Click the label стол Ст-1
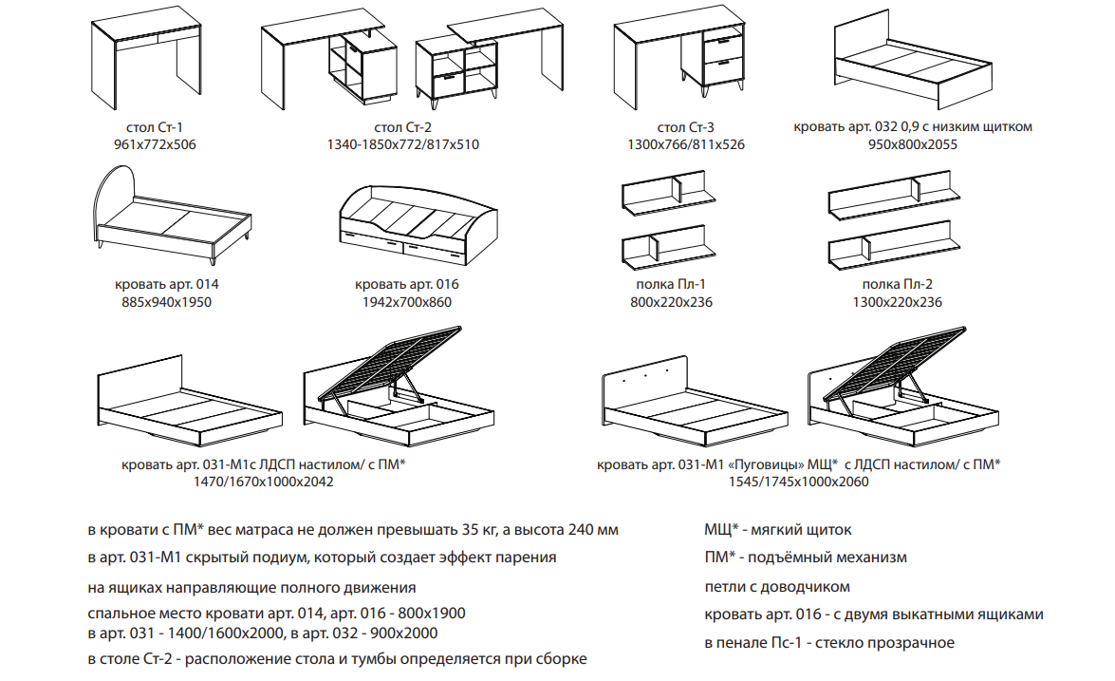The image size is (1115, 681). [155, 127]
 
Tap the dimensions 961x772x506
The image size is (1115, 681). [155, 144]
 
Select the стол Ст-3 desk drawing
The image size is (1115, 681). [679, 58]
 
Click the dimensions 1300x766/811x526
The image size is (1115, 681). [685, 144]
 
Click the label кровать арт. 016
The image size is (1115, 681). [407, 284]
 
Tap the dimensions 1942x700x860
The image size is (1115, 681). [407, 302]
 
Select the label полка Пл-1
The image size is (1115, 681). [671, 284]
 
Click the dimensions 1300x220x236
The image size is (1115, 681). [898, 302]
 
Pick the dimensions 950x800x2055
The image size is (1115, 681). [912, 144]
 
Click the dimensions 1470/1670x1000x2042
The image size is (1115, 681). [263, 482]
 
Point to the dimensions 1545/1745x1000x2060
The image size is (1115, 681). [798, 482]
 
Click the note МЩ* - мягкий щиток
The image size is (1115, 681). [778, 529]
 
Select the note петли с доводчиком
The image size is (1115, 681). [777, 587]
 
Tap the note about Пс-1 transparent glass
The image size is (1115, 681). [829, 643]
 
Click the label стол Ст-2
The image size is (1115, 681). [402, 127]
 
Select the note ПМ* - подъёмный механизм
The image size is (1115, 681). [806, 558]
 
